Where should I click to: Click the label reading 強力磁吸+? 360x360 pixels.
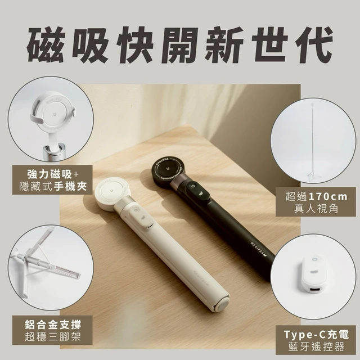[x=52, y=175]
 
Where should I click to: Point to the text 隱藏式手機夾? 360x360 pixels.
[x=52, y=187]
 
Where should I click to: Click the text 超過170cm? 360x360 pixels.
[x=316, y=197]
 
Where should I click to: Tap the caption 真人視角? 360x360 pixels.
[x=316, y=209]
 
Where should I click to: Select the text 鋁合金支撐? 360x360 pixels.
[x=52, y=325]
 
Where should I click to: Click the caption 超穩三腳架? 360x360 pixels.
[x=52, y=337]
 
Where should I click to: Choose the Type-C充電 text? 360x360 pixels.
[x=316, y=335]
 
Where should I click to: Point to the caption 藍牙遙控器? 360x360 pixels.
[x=316, y=346]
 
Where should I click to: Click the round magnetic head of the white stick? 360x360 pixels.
[x=111, y=191]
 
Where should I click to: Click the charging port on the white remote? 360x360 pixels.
[x=314, y=291]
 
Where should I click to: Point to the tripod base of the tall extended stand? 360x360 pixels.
[x=314, y=176]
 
